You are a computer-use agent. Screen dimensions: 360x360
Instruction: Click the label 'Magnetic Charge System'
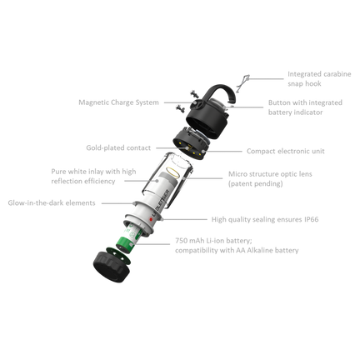pos(118,102)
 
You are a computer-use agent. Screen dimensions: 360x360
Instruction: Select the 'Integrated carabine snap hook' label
pos(319,79)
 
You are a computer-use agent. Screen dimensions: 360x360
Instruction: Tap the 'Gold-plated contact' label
pos(118,147)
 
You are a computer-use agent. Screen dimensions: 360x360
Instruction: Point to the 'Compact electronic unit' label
pos(286,151)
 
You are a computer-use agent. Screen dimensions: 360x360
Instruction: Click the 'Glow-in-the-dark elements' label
pos(52,203)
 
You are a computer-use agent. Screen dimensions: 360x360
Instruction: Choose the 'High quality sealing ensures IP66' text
pos(265,219)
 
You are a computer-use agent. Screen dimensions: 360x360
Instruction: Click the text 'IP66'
pos(312,219)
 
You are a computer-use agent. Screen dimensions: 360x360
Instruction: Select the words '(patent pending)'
pos(256,184)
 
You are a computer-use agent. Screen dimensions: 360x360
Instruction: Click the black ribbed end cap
pos(112,267)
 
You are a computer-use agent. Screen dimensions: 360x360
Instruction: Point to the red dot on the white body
pos(151,219)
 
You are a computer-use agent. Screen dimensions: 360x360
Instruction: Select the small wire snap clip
pos(242,82)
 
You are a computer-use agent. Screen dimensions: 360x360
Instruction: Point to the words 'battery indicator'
pos(295,112)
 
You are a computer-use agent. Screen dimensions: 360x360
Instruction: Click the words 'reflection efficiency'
pos(83,182)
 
